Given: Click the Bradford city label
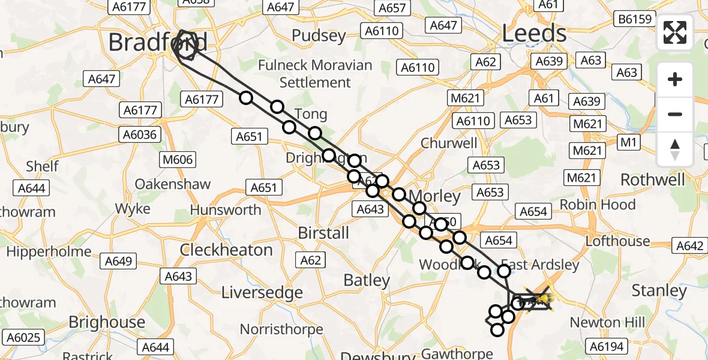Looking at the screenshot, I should pyautogui.click(x=158, y=43).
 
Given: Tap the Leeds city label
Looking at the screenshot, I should pyautogui.click(x=534, y=34).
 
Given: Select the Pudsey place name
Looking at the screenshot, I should pyautogui.click(x=319, y=36).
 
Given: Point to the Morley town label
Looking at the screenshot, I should pyautogui.click(x=434, y=196).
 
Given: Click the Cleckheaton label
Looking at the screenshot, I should pyautogui.click(x=226, y=250).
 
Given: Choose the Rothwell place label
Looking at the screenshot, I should pyautogui.click(x=652, y=179).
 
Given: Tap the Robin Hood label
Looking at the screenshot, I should pyautogui.click(x=597, y=205).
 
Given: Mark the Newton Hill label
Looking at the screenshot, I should pyautogui.click(x=607, y=322).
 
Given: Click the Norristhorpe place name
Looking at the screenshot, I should pyautogui.click(x=281, y=329).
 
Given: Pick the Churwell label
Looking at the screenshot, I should pyautogui.click(x=449, y=143).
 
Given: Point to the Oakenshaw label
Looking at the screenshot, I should pyautogui.click(x=173, y=184).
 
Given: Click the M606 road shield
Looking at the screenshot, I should pyautogui.click(x=177, y=160).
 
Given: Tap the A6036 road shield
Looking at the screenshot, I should pyautogui.click(x=142, y=134).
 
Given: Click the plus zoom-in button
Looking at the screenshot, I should pyautogui.click(x=675, y=79).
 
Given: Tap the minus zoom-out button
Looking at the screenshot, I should pyautogui.click(x=675, y=114).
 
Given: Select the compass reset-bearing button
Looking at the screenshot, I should pyautogui.click(x=675, y=149).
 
